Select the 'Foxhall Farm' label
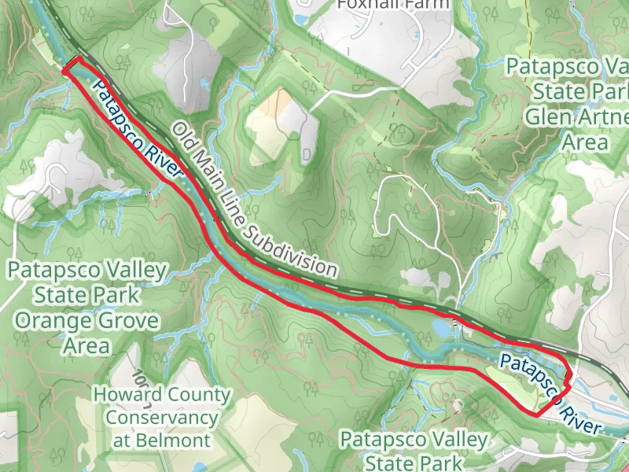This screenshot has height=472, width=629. coord(392,4)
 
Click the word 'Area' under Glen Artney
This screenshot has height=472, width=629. coord(585,142)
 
